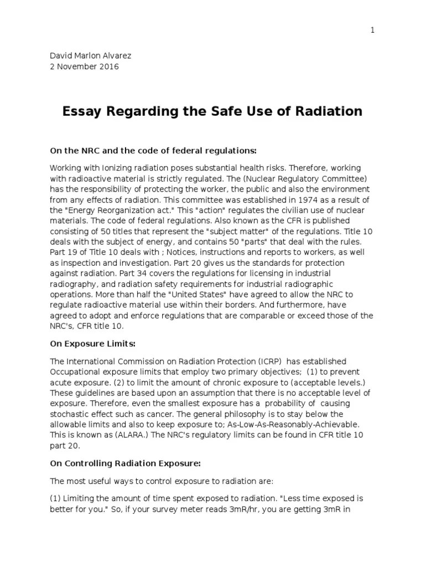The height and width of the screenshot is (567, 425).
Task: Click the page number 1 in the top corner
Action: [x=373, y=30]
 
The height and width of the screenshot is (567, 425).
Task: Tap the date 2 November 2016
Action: [x=84, y=67]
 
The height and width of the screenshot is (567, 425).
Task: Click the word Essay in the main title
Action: [x=81, y=111]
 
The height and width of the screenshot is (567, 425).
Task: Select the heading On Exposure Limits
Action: [x=92, y=344]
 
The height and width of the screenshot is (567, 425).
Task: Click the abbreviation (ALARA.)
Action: [x=119, y=435]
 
